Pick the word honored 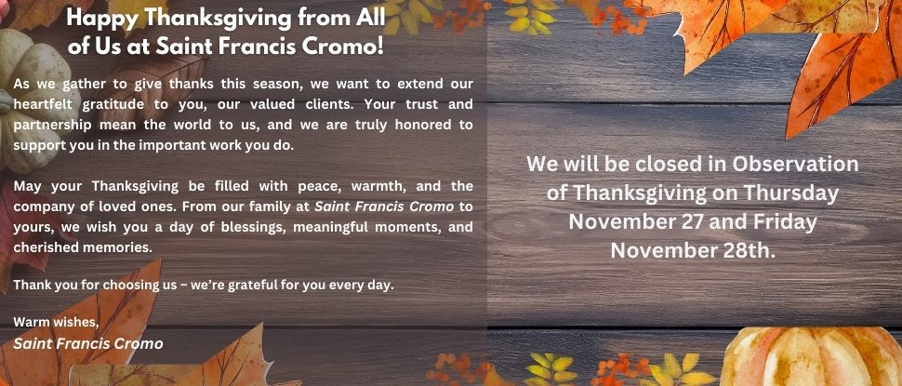pos(426,125)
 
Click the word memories pos(124,246)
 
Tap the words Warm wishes pos(56,322)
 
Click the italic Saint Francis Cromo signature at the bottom pos(88,344)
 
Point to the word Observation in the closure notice pos(794,165)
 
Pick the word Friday pos(785,222)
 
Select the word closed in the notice pos(671,165)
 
